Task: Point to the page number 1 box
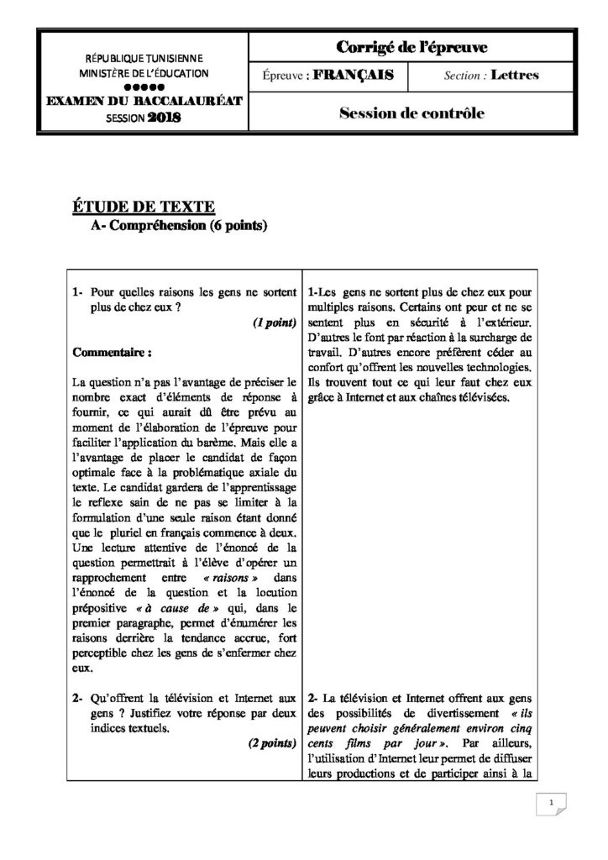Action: [550, 804]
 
